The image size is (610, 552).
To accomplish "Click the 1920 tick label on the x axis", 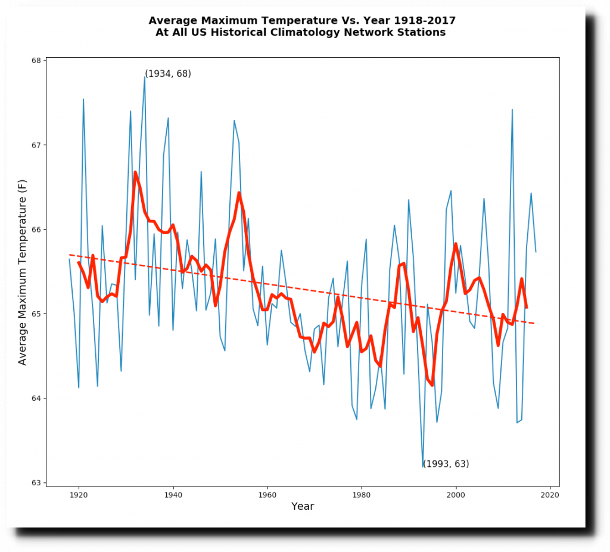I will pos(79,494).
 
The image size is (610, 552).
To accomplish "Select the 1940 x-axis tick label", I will pos(173,494).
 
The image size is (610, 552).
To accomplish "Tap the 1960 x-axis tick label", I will pos(267,494).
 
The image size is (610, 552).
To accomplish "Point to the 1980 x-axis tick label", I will pos(362,494).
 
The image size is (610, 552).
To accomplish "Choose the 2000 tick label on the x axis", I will pos(456,494).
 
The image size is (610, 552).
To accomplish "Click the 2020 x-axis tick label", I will pos(550,494).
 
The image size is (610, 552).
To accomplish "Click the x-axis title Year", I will pos(303,507).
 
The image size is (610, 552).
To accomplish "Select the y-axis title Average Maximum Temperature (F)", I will pos(23,272).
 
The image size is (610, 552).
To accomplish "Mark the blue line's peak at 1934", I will pos(145,76).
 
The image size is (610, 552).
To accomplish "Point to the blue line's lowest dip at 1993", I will pos(423,467).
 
